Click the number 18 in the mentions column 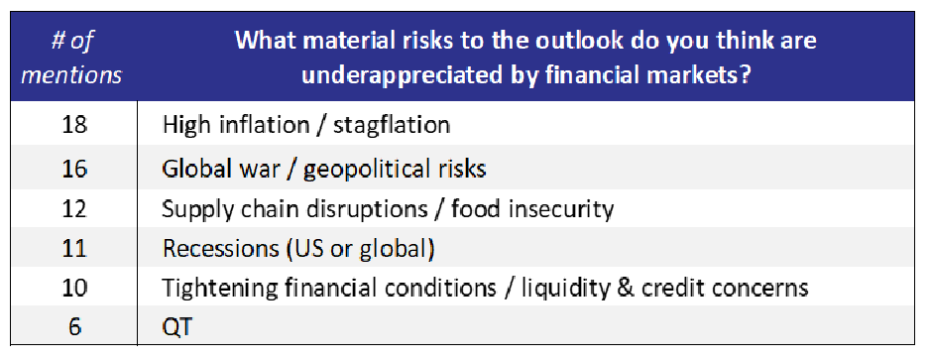pos(74,125)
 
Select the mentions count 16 pos(74,169)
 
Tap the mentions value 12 pos(74,209)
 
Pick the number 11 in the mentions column pos(74,249)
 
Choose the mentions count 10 pos(74,288)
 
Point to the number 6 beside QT pos(74,327)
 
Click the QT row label pos(177,327)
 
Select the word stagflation pos(391,126)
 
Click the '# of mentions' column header pos(74,59)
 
